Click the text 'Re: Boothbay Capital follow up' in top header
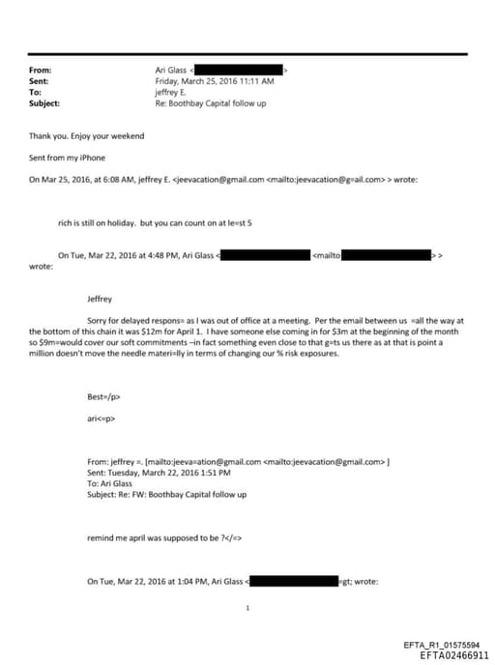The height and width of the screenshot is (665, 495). tap(210, 103)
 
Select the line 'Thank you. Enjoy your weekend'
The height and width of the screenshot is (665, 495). tap(86, 136)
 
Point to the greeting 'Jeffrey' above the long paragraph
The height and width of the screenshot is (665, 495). tap(101, 299)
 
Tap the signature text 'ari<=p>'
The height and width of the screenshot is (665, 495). tap(102, 419)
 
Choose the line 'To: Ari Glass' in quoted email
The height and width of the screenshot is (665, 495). tap(109, 483)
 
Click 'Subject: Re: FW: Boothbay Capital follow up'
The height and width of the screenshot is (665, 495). tap(166, 494)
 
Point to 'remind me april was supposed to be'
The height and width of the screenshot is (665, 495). tap(150, 535)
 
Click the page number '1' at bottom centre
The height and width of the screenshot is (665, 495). tap(247, 609)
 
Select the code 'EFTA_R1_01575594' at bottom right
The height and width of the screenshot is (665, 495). tap(440, 645)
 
